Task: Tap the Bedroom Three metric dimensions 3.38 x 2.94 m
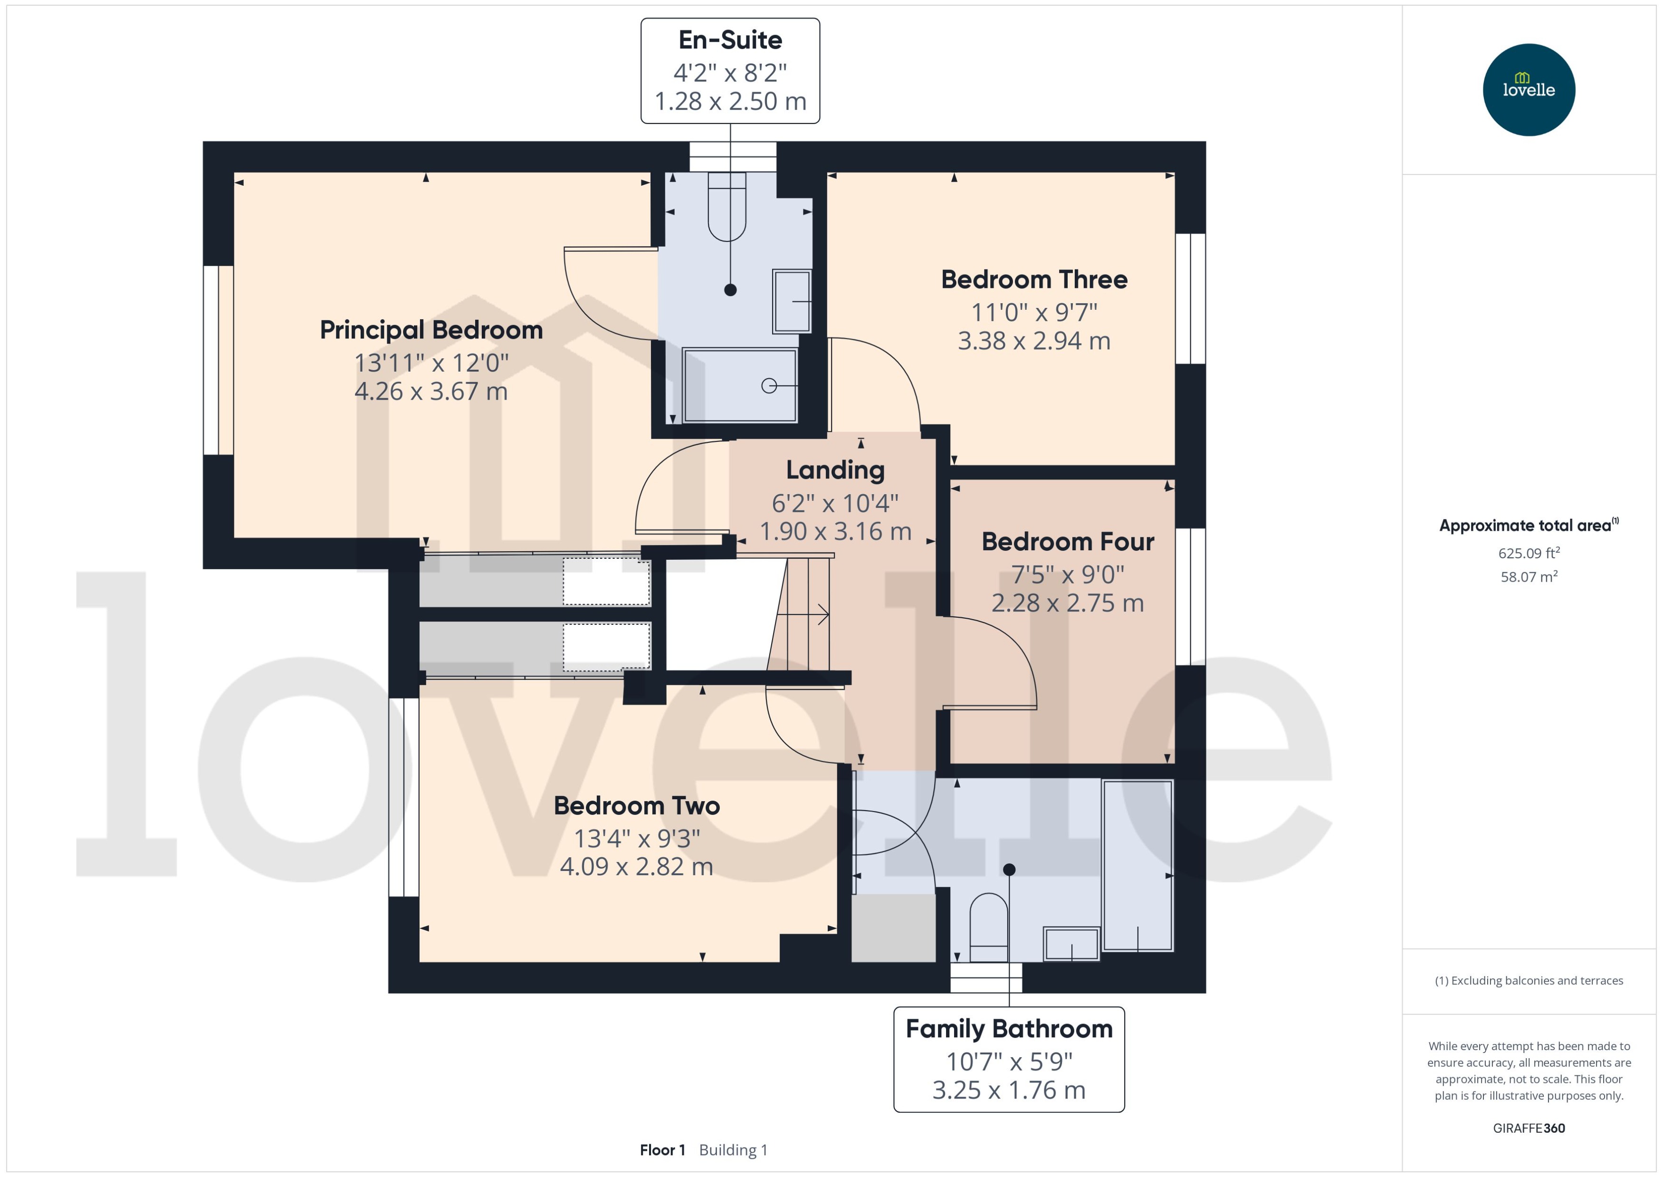pos(1033,341)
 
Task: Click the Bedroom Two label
pos(636,806)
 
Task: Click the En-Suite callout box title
pos(730,40)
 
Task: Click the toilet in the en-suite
pos(727,207)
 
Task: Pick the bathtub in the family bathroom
pos(1137,865)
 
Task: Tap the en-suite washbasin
pos(792,301)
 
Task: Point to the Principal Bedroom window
pos(218,360)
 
